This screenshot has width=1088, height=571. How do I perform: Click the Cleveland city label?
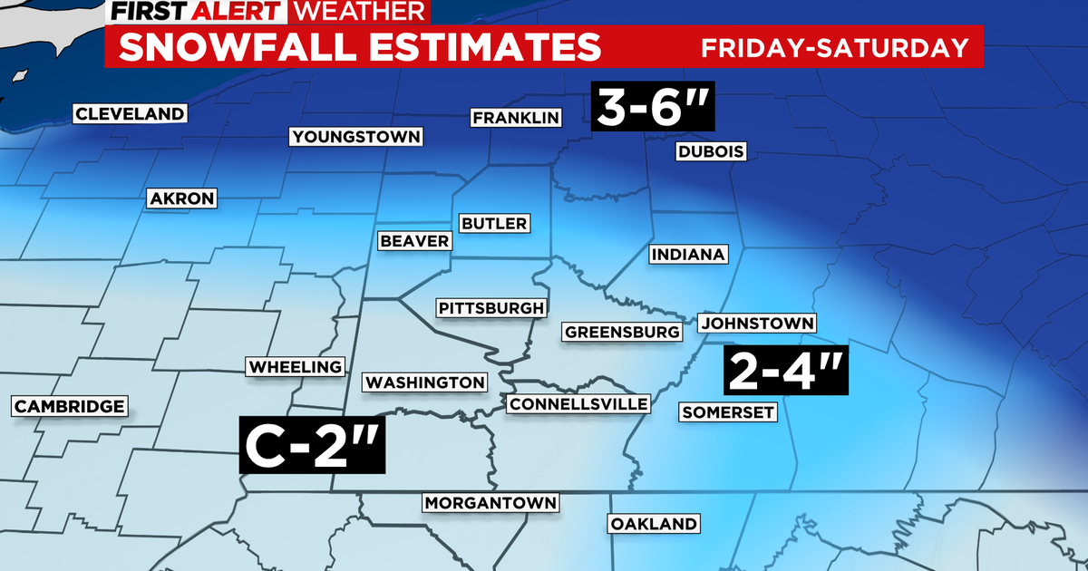[130, 114]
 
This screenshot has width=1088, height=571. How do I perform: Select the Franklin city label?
[515, 118]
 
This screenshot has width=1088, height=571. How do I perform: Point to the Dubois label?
[711, 152]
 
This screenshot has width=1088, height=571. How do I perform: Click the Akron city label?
[181, 198]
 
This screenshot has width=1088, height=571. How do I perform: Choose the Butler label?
[493, 223]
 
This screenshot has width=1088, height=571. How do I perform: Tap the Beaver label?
[414, 240]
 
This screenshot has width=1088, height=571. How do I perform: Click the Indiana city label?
[688, 255]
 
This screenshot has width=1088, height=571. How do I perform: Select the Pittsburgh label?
[491, 308]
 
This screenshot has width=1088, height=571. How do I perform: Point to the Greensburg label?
[622, 332]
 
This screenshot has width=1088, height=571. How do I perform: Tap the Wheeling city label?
[295, 367]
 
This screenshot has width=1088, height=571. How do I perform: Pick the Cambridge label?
[69, 406]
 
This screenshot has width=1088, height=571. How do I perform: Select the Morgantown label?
[491, 503]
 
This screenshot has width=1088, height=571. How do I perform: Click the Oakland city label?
[653, 524]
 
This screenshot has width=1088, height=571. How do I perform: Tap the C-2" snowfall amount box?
[313, 445]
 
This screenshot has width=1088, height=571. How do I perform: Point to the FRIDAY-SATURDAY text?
[835, 47]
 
